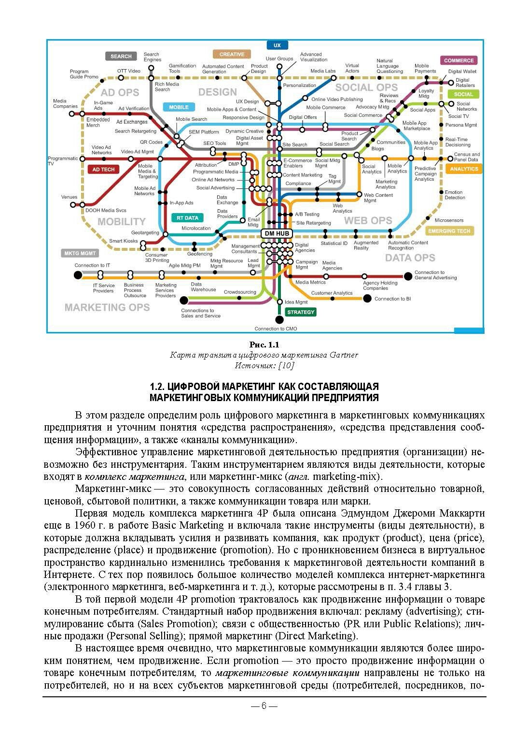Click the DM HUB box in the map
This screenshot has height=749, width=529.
(277, 233)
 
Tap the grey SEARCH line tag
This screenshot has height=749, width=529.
(121, 56)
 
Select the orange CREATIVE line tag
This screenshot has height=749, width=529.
(232, 54)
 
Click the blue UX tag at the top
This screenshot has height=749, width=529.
(277, 45)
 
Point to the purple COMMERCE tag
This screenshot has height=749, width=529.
(459, 60)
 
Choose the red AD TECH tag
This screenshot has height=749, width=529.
(103, 170)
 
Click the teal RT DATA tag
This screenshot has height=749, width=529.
(187, 218)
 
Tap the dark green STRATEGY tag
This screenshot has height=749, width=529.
(301, 312)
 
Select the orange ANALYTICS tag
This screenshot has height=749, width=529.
(464, 169)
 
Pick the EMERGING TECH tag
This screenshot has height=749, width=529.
(449, 231)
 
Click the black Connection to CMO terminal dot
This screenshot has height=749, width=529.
(279, 319)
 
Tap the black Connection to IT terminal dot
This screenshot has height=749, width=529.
(78, 275)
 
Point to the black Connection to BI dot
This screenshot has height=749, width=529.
(367, 298)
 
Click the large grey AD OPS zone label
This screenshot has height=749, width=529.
(120, 92)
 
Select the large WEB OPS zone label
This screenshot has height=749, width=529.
(368, 221)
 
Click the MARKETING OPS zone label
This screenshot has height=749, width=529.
(107, 307)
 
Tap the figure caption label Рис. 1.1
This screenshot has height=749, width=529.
(264, 345)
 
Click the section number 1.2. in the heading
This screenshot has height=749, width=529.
(159, 387)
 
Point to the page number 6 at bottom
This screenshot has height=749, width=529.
(264, 706)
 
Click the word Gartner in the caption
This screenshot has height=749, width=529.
(344, 355)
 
